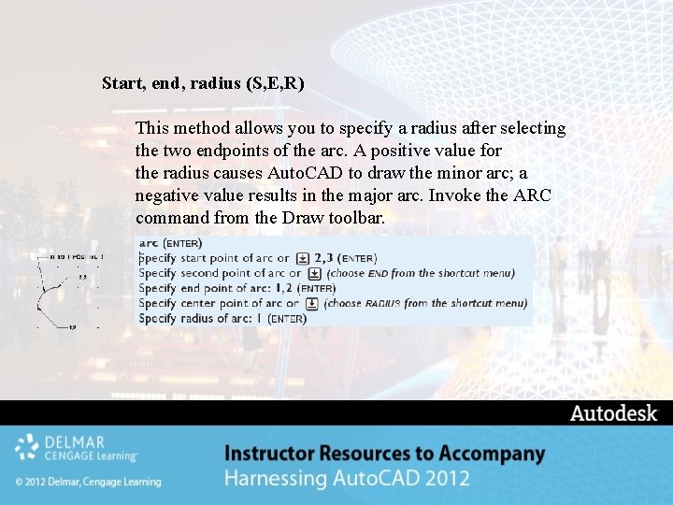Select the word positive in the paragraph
pyautogui.click(x=420, y=151)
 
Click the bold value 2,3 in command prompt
pyautogui.click(x=324, y=258)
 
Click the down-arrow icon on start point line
pyautogui.click(x=302, y=258)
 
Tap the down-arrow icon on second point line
pyautogui.click(x=314, y=273)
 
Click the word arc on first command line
pyautogui.click(x=149, y=243)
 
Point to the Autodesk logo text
pyautogui.click(x=613, y=413)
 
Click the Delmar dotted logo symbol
pyautogui.click(x=27, y=447)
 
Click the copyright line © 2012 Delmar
pyautogui.click(x=88, y=482)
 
